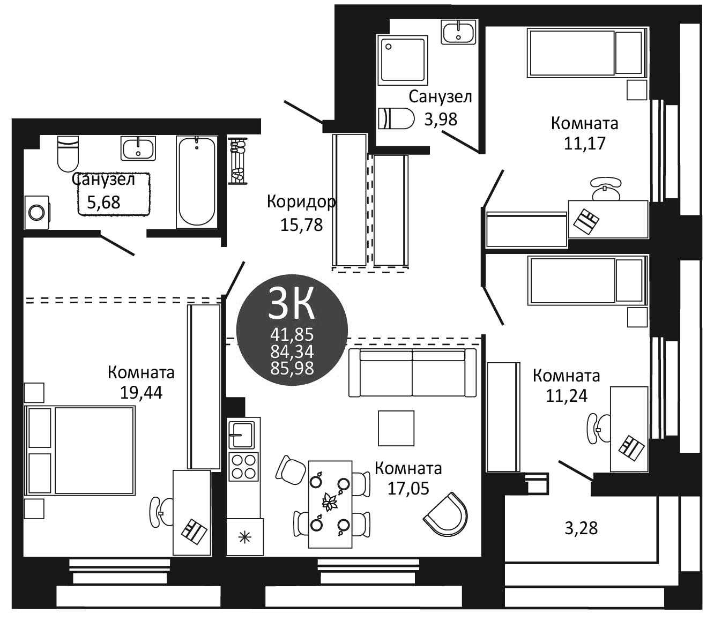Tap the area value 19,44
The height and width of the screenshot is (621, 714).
click(x=141, y=393)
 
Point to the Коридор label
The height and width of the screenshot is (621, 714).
click(x=301, y=202)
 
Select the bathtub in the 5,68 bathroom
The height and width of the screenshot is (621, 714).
click(x=197, y=181)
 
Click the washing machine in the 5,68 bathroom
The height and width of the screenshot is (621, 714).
click(x=36, y=213)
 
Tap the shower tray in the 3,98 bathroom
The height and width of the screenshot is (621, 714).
click(x=403, y=60)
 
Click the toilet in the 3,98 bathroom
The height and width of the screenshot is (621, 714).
click(x=396, y=118)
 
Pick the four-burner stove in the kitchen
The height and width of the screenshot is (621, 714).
click(x=243, y=466)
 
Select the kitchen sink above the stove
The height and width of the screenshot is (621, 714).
click(x=242, y=434)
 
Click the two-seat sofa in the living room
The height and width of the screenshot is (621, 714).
click(x=412, y=373)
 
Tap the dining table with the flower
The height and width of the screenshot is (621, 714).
click(x=330, y=504)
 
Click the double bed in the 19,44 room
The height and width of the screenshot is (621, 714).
click(x=80, y=450)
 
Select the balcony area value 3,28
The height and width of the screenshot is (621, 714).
click(x=581, y=528)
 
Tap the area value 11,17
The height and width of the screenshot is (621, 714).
click(x=584, y=143)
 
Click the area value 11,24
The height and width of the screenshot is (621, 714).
click(x=567, y=396)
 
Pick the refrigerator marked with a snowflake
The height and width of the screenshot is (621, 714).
click(x=245, y=536)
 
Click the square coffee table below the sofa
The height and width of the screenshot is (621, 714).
click(x=396, y=428)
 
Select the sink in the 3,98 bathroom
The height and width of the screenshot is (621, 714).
click(x=459, y=32)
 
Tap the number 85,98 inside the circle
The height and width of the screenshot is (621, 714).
click(x=292, y=368)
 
